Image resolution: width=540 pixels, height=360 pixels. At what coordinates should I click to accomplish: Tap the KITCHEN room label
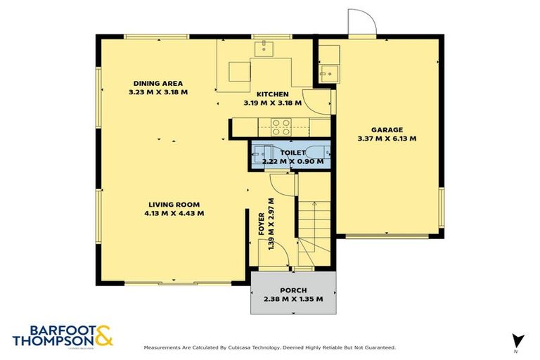point(272,94)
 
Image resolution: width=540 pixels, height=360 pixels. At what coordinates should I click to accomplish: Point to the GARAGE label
point(387,129)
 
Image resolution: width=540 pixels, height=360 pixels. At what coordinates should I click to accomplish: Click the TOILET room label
point(292,153)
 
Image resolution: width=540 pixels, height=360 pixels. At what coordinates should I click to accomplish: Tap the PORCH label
point(293,290)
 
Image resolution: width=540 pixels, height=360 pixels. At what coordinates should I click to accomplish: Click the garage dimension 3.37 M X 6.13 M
point(387,139)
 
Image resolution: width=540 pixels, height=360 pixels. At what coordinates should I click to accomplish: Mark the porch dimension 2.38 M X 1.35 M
point(293,299)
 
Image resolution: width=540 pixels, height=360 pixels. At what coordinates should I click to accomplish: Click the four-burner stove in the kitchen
point(282,127)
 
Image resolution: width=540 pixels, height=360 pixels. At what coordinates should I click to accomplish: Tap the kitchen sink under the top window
point(265,48)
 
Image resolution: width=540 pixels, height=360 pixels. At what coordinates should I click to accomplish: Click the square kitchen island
point(238,72)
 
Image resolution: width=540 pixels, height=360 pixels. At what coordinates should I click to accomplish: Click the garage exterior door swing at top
point(363,22)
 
